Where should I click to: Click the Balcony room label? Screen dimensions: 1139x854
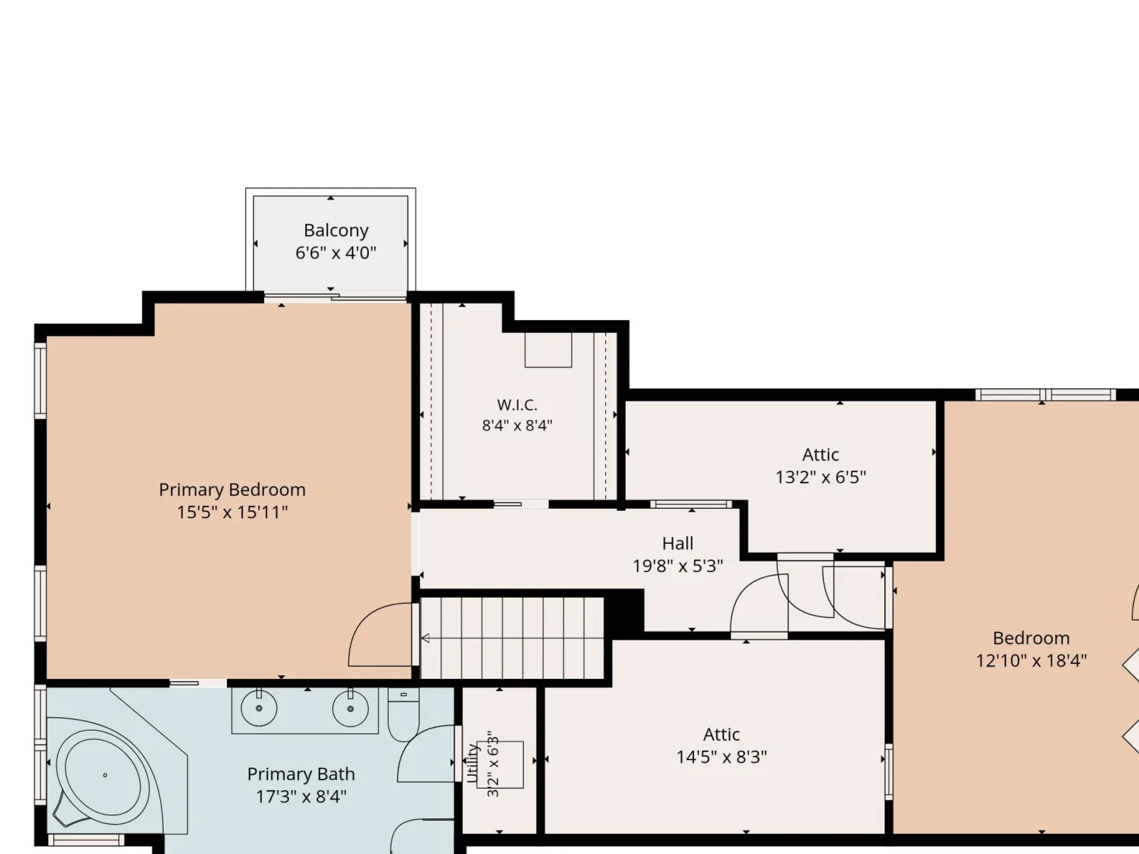point(336,230)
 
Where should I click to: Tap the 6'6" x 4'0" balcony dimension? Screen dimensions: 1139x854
point(336,253)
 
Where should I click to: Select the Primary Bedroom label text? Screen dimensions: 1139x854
point(232,490)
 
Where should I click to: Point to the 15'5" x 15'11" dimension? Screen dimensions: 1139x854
point(232,512)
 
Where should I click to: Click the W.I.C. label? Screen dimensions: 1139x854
point(517,404)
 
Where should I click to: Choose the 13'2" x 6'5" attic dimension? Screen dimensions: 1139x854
point(820,477)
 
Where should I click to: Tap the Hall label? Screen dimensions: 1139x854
point(677,544)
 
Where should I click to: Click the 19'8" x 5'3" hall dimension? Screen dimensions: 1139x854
point(677,566)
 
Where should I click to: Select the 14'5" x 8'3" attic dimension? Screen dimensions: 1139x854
point(721,757)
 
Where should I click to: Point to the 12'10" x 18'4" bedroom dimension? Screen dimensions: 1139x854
point(1031,660)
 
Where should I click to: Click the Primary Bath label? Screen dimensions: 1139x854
point(301,774)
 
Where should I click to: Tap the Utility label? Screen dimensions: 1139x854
point(472,764)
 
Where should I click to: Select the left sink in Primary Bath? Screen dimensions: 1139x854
point(259,708)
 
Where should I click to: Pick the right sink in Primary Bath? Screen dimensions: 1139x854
point(350,708)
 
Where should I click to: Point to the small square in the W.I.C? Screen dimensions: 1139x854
point(548,350)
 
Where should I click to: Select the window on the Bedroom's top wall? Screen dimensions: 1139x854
point(1045,394)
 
